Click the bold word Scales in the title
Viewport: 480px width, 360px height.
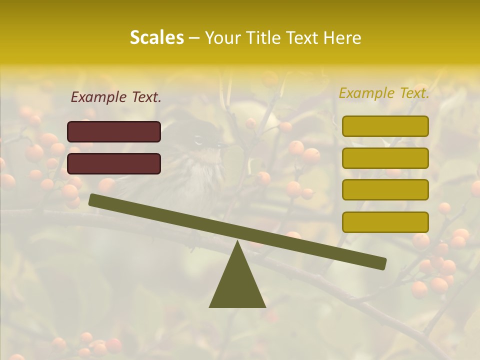(156, 37)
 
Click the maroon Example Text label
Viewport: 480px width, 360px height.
(116, 97)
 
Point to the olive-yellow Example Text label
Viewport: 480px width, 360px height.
(384, 93)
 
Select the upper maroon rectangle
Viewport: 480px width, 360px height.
(114, 131)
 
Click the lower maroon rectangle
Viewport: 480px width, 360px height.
(114, 163)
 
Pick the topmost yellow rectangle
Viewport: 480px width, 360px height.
(385, 126)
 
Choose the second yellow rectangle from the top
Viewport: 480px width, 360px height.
(385, 158)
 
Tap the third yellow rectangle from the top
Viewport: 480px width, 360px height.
(385, 189)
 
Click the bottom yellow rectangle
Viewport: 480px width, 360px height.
(385, 222)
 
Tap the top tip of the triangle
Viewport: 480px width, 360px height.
(237, 243)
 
